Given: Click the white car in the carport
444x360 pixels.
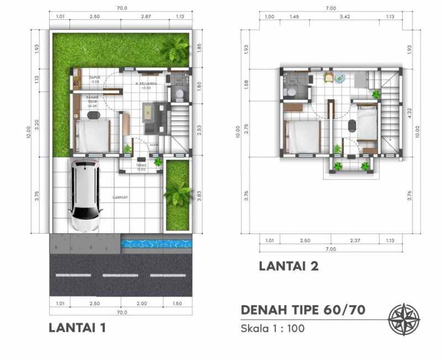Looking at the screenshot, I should pos(85,196).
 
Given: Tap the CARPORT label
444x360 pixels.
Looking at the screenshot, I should pos(121,197).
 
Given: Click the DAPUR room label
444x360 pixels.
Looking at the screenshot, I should pos(94,78).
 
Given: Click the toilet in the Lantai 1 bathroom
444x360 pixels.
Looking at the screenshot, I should pos(178,94).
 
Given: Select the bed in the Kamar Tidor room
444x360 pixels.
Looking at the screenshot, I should pos(93,135).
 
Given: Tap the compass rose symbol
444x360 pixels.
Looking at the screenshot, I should pos(404,320).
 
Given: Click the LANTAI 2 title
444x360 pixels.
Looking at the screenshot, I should pos(288,267).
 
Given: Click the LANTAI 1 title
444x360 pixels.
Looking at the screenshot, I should pos(77,327).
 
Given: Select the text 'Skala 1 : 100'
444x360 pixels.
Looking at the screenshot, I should pos(272,329).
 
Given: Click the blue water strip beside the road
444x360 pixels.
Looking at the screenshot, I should pos(156,242).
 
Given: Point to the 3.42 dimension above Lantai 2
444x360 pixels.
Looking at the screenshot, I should pos(343,17).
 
